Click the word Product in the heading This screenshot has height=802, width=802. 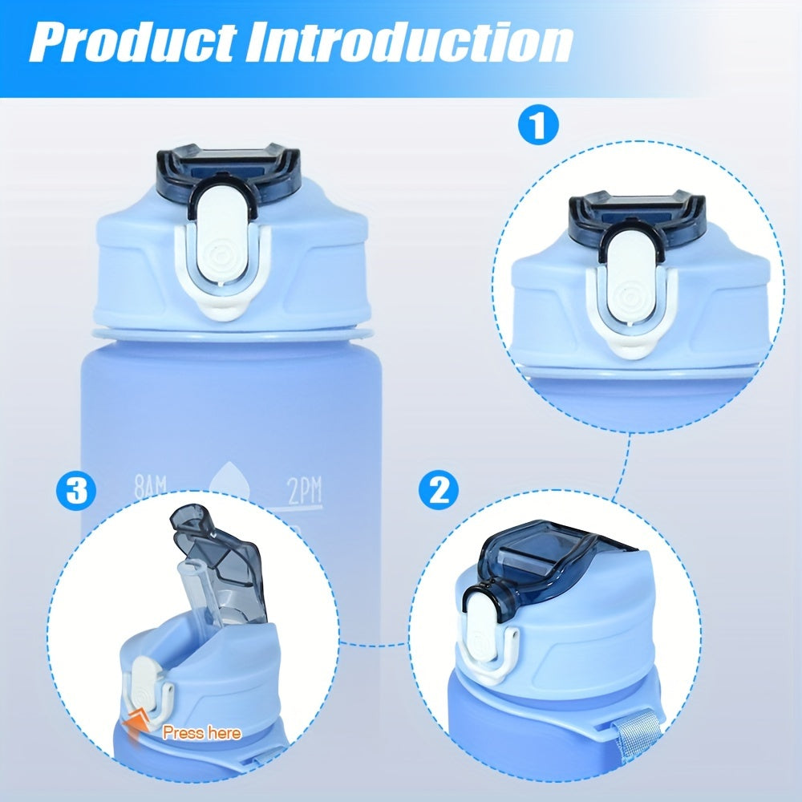click(x=134, y=43)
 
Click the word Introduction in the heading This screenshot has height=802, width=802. click(x=410, y=43)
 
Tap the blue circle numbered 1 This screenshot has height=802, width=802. click(x=538, y=125)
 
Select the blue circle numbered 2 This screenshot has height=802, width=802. click(x=439, y=491)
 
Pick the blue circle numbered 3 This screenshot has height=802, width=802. click(x=76, y=491)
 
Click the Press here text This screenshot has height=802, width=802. click(x=201, y=733)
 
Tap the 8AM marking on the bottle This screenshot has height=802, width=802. click(x=150, y=488)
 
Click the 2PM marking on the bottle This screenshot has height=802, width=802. click(x=304, y=491)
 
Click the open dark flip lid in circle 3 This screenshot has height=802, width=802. click(x=220, y=563)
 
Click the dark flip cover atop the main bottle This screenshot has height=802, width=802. click(x=228, y=174)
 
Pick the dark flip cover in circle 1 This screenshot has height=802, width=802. click(x=637, y=220)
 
